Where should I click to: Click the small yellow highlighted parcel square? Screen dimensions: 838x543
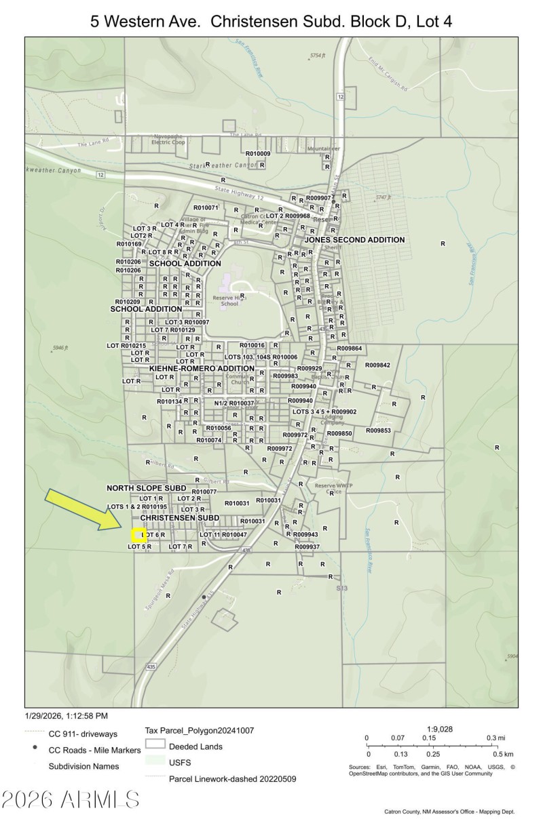[x=137, y=536]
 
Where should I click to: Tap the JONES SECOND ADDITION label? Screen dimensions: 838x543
[x=354, y=240]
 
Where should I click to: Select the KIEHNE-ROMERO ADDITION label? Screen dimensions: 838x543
[x=202, y=368]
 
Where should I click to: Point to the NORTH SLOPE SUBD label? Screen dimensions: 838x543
[x=146, y=487]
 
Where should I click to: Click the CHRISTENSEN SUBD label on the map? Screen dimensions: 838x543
[x=179, y=517]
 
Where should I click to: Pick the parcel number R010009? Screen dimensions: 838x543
[x=258, y=154]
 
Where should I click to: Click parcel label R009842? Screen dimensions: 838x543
[x=377, y=365]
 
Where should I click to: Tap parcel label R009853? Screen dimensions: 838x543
[x=379, y=431]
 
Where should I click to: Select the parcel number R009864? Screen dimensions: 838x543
[x=350, y=348]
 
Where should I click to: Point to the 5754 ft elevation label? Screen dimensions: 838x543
[x=318, y=54]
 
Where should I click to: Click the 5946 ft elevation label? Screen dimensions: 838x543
[x=60, y=348]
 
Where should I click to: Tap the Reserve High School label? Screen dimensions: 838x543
[x=230, y=300]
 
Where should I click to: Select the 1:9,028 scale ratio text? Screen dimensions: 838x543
[x=439, y=729]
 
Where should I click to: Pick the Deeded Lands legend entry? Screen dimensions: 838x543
[x=195, y=746]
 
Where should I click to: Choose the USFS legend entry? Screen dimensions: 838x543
[x=181, y=762]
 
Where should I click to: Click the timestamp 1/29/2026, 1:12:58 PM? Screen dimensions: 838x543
[x=67, y=715]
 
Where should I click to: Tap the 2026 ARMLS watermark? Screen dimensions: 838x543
[x=71, y=800]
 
